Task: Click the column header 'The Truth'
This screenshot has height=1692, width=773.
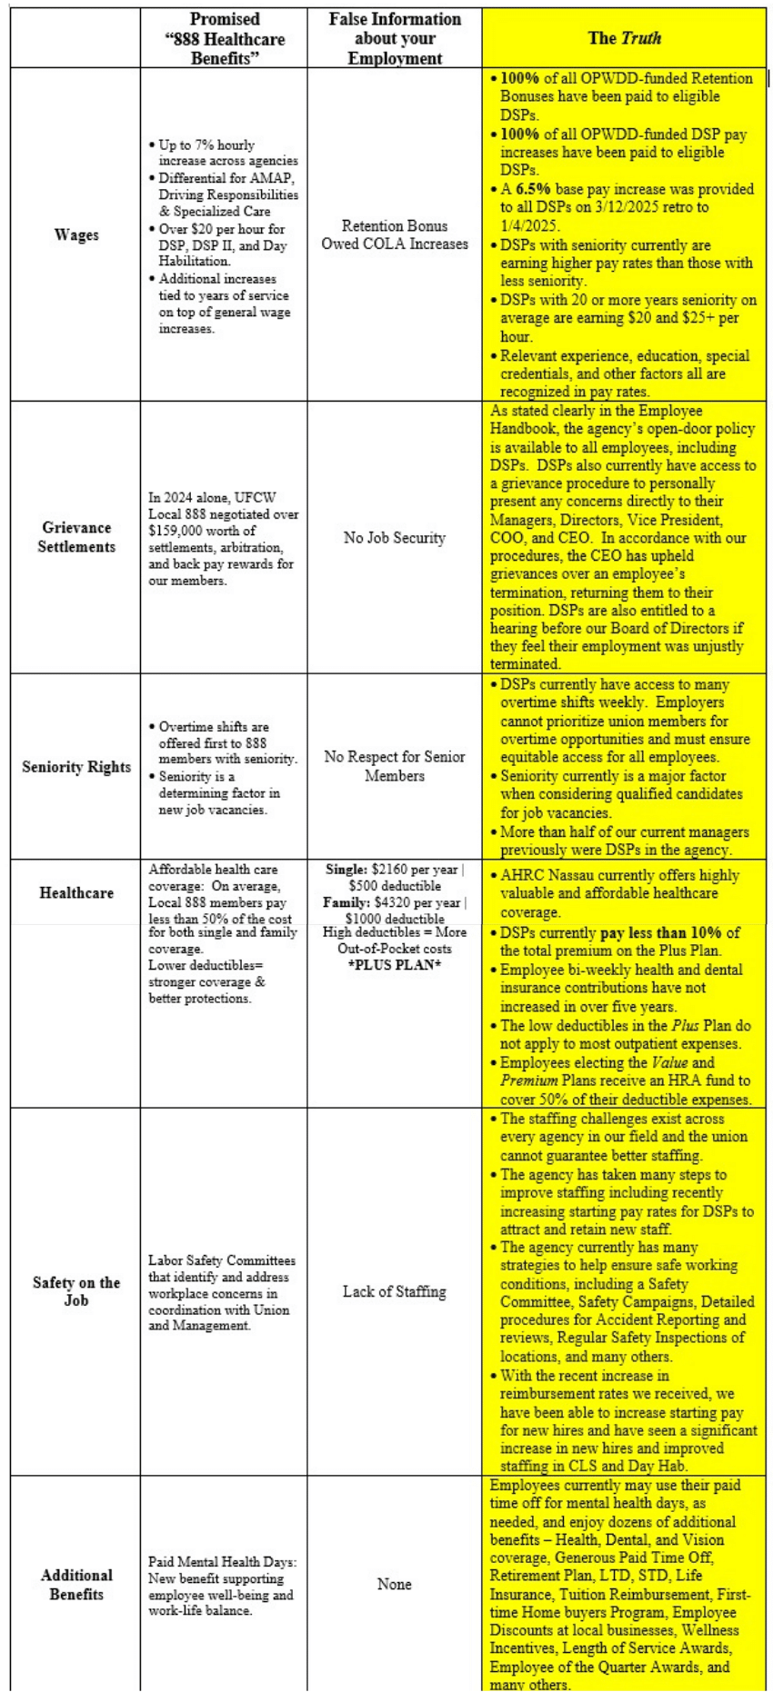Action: (x=624, y=38)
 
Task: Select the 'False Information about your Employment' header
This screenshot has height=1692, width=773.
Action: (x=395, y=38)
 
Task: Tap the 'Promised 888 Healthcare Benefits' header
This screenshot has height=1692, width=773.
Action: (x=224, y=38)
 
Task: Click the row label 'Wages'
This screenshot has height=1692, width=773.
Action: (x=76, y=234)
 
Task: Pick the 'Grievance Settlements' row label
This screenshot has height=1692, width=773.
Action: (x=76, y=537)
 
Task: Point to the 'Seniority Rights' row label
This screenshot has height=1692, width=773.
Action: (x=76, y=767)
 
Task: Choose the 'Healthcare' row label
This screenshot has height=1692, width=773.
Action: (x=76, y=892)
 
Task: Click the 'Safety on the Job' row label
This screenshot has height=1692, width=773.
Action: (x=76, y=1291)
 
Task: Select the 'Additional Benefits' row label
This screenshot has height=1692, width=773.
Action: (x=76, y=1584)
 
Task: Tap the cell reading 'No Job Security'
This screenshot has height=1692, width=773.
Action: (x=395, y=537)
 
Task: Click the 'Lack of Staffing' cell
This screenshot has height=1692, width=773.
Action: (x=395, y=1291)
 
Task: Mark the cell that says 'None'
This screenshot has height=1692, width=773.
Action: (x=395, y=1584)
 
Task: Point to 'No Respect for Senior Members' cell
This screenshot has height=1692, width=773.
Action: (x=395, y=766)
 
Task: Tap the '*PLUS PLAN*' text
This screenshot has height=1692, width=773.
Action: (x=395, y=964)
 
